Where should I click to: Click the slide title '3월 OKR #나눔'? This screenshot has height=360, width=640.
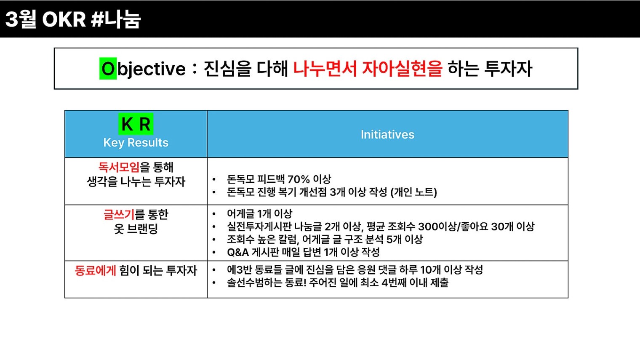pos(73,19)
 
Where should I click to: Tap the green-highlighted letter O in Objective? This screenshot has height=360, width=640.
pos(108,69)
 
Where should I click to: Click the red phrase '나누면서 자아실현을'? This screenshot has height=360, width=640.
pos(368,69)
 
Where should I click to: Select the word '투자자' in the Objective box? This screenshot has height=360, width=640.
pos(508,69)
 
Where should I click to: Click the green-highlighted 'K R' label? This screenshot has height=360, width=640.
pos(136,124)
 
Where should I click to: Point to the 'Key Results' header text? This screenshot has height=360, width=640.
pos(136,142)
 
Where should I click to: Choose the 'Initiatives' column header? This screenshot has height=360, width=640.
pos(387,134)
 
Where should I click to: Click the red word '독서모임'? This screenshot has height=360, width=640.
pos(119,167)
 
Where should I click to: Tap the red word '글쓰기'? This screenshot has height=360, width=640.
pos(119,214)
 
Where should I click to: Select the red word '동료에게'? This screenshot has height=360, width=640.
pos(96,270)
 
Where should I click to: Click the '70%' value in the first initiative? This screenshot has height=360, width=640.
pos(299,179)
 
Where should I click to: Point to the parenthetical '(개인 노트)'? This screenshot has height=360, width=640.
pos(414,192)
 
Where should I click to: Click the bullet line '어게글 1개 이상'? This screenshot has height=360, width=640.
pos(260,213)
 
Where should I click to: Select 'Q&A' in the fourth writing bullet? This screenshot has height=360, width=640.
pos(238,252)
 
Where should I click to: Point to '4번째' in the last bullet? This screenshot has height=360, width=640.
pos(394,283)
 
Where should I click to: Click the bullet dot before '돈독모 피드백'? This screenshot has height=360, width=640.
pos(214,179)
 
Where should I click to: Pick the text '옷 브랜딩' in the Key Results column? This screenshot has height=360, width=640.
pos(136,229)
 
